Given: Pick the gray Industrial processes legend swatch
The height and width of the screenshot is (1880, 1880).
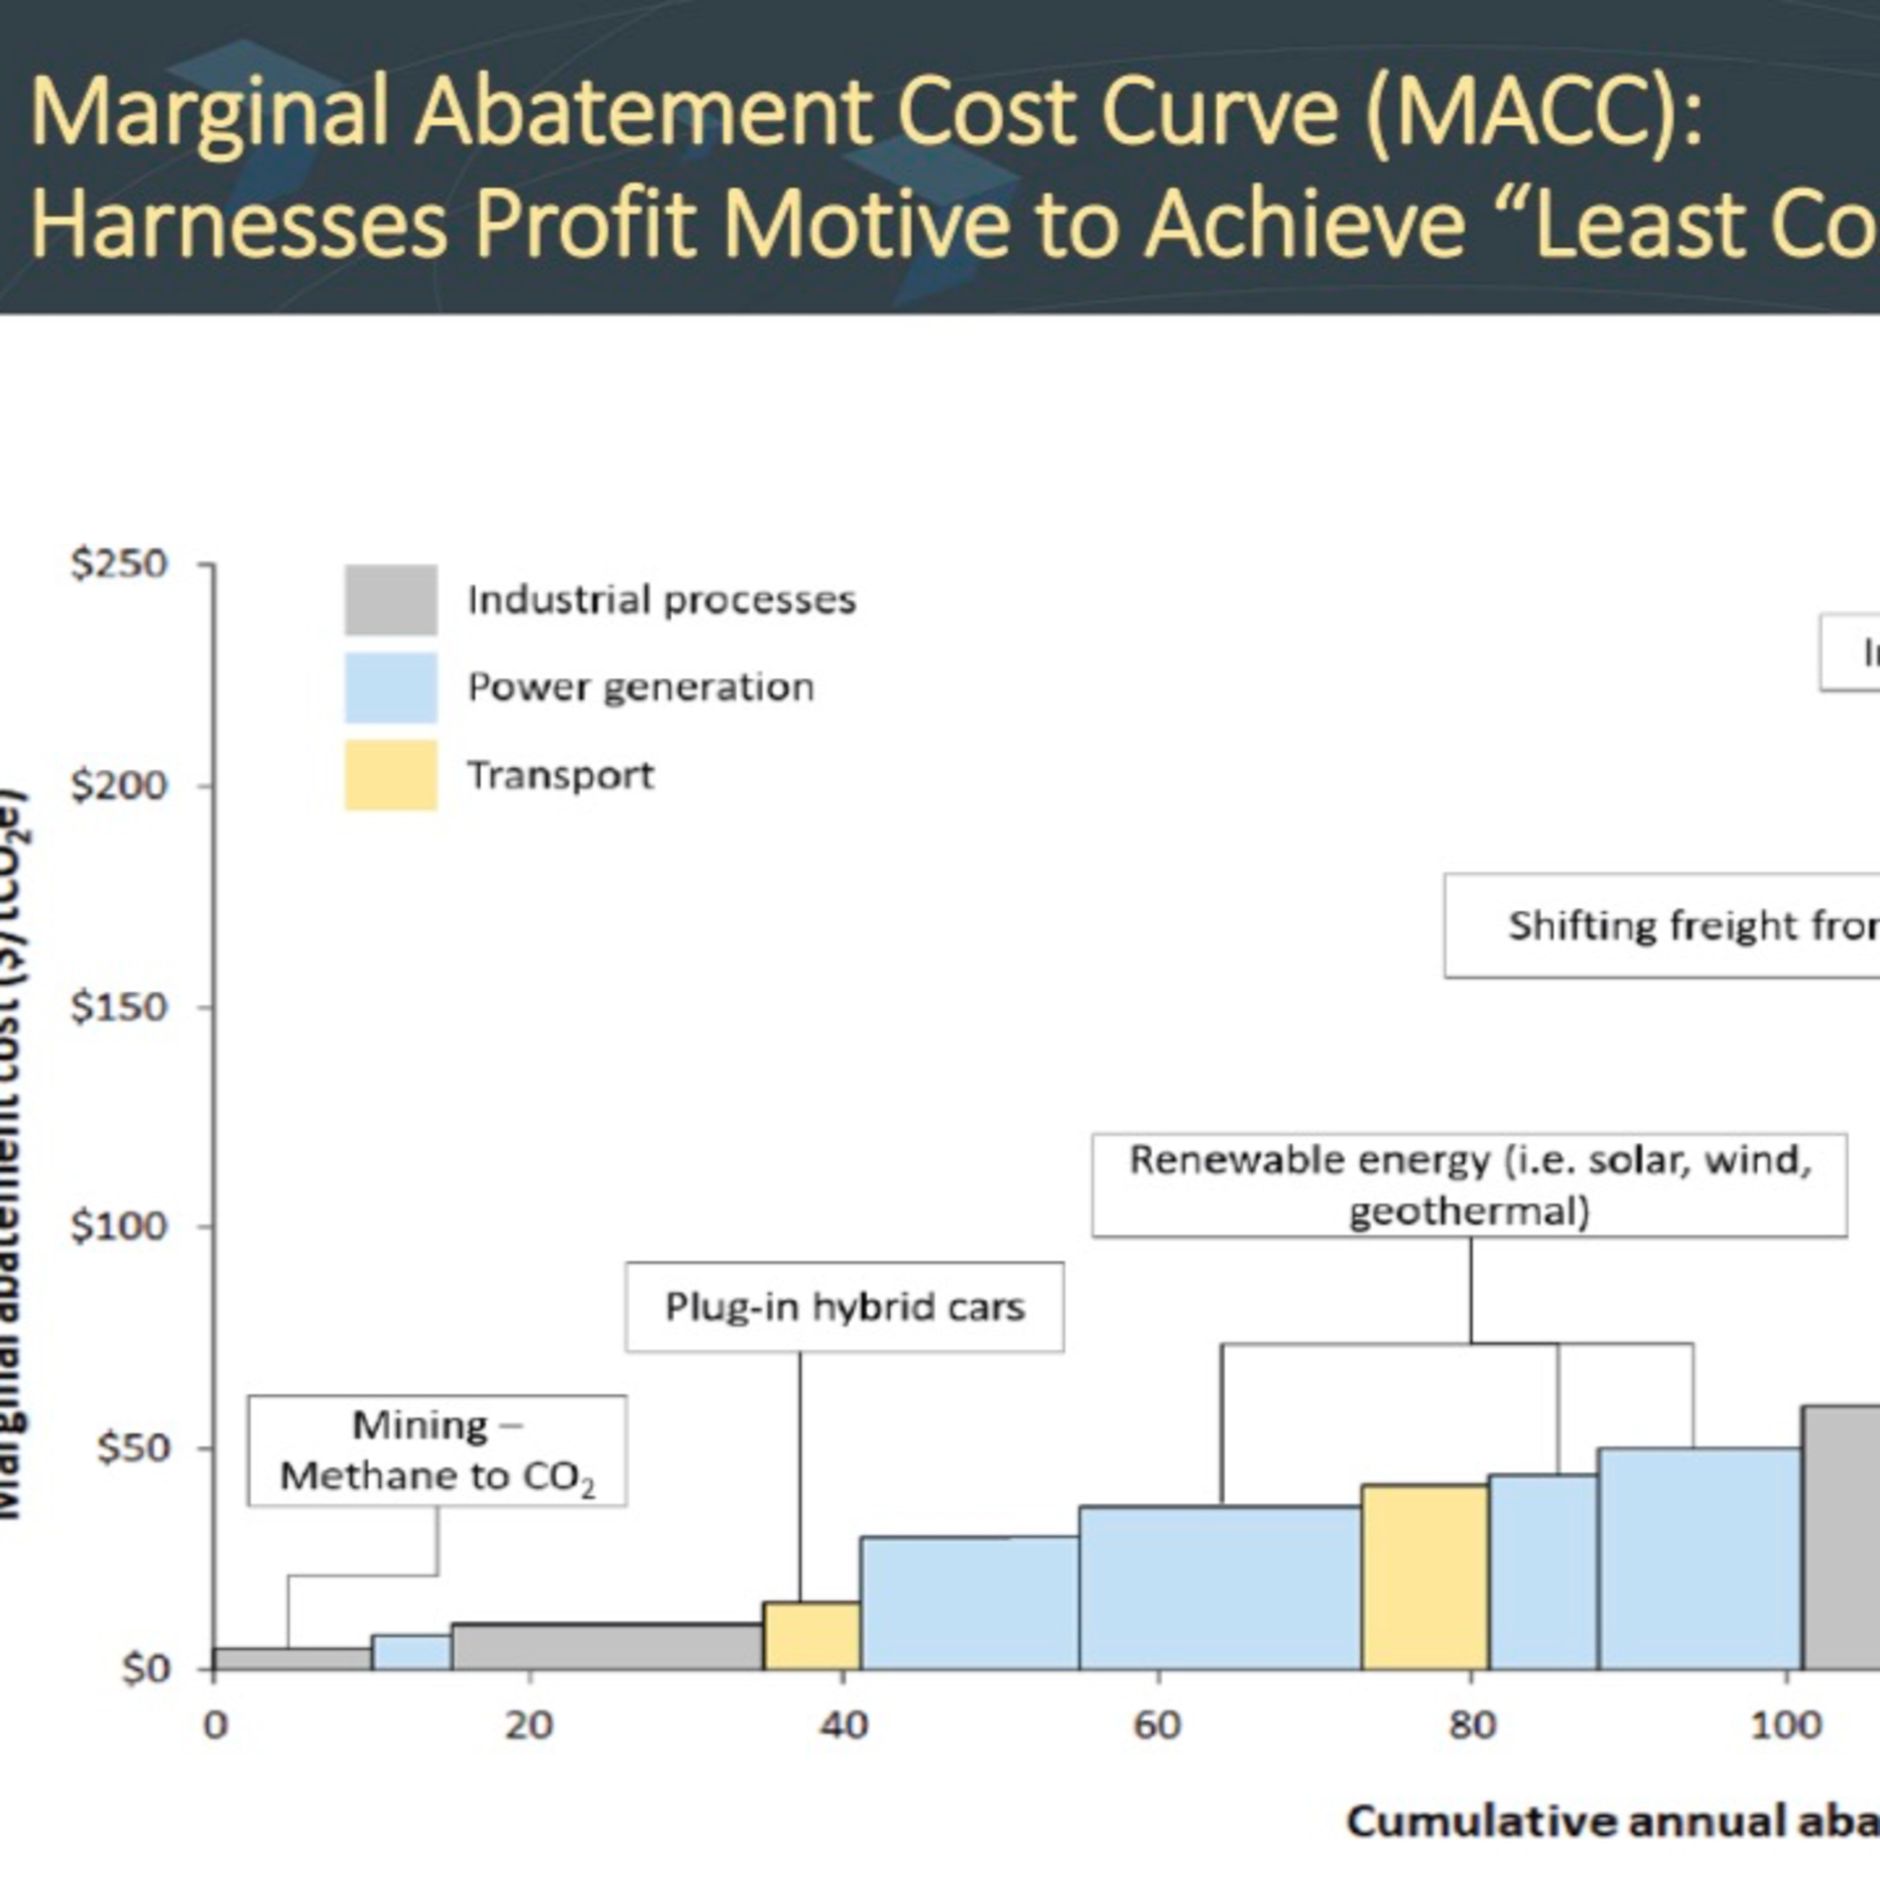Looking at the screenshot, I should [390, 600].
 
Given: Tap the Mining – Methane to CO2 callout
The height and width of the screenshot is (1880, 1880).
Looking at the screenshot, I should [437, 1451].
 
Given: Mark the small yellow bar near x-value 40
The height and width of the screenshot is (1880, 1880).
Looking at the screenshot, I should [812, 1636].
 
